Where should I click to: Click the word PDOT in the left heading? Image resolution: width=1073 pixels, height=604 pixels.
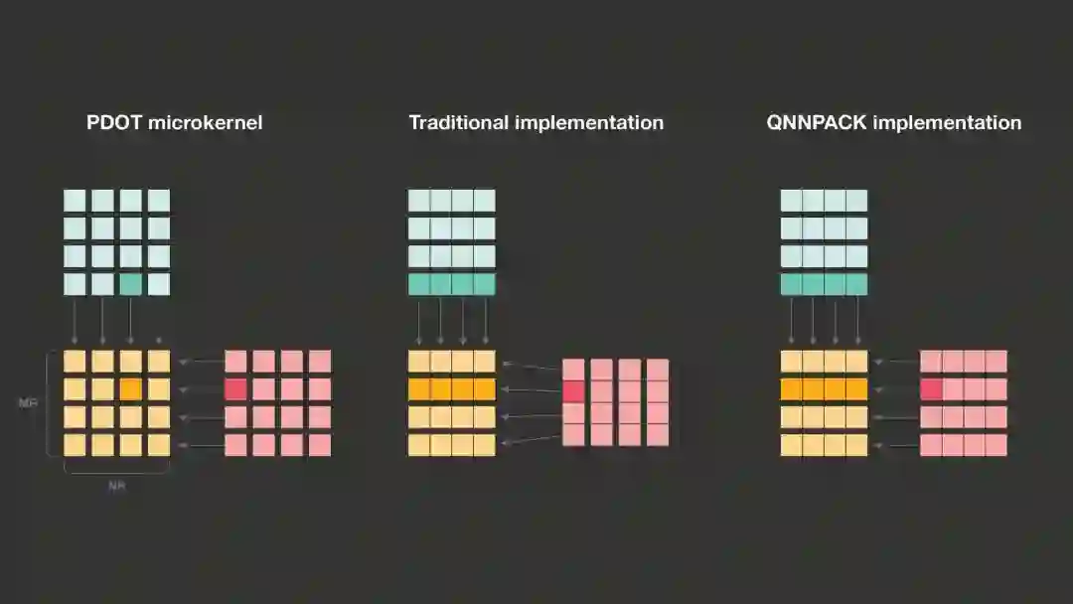click(x=115, y=123)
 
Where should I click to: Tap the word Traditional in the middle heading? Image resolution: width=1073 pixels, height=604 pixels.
click(x=459, y=123)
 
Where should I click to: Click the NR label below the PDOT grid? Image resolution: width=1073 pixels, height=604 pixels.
click(x=117, y=486)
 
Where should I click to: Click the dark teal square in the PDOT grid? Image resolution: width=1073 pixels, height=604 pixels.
click(x=131, y=284)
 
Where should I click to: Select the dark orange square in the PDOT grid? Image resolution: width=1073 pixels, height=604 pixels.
click(x=131, y=388)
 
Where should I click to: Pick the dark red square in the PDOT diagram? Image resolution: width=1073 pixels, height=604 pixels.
click(x=235, y=388)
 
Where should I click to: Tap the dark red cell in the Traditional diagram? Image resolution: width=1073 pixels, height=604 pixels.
click(x=573, y=390)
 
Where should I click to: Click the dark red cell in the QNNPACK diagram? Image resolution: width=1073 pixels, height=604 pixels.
click(x=931, y=388)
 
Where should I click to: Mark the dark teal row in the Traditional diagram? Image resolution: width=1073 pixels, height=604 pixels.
click(x=451, y=284)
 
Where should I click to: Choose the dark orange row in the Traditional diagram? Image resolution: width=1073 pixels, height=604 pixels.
click(x=451, y=388)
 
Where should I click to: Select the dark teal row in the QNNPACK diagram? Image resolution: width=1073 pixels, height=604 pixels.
click(x=824, y=284)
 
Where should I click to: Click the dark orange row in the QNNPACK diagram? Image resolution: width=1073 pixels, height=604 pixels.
click(x=824, y=388)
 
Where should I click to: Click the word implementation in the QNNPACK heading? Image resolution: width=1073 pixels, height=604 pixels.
click(x=959, y=123)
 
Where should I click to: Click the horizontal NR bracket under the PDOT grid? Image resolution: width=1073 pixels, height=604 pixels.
click(x=117, y=471)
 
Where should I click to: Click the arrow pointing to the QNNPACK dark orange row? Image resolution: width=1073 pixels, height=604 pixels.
click(x=892, y=388)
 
